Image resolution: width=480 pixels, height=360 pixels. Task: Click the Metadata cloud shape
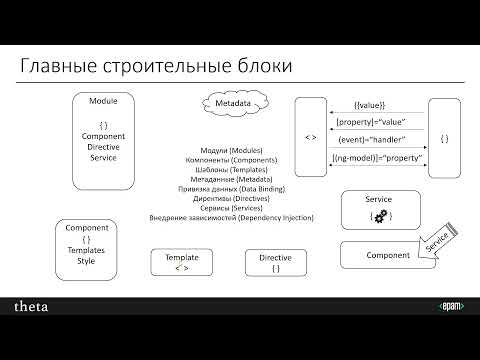[x=232, y=103]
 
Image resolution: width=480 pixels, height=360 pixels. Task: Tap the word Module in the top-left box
[x=104, y=102]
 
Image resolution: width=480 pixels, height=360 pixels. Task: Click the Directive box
[x=275, y=262]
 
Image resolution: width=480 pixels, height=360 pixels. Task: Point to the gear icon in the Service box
[x=379, y=215]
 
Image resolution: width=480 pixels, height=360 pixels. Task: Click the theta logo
[x=31, y=306]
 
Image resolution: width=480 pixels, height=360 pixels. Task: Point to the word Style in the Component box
[x=86, y=261]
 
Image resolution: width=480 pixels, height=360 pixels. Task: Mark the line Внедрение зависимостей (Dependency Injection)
[x=231, y=218]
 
